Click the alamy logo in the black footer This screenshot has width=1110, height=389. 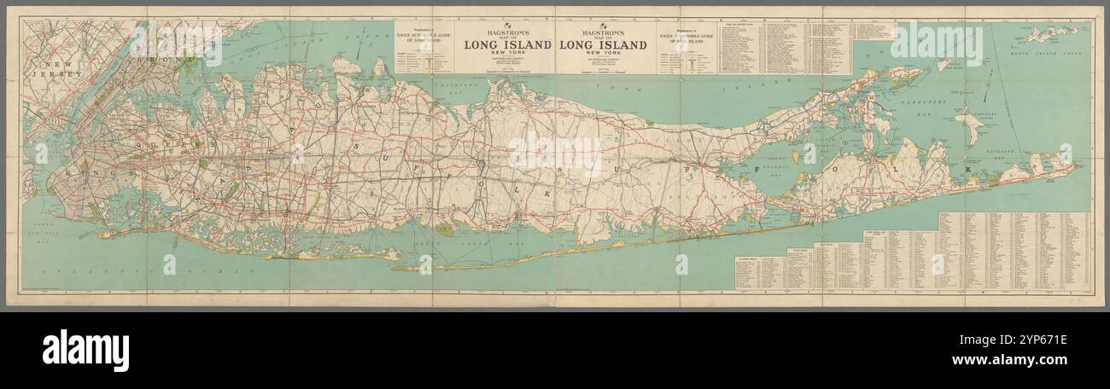coord(85,350)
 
